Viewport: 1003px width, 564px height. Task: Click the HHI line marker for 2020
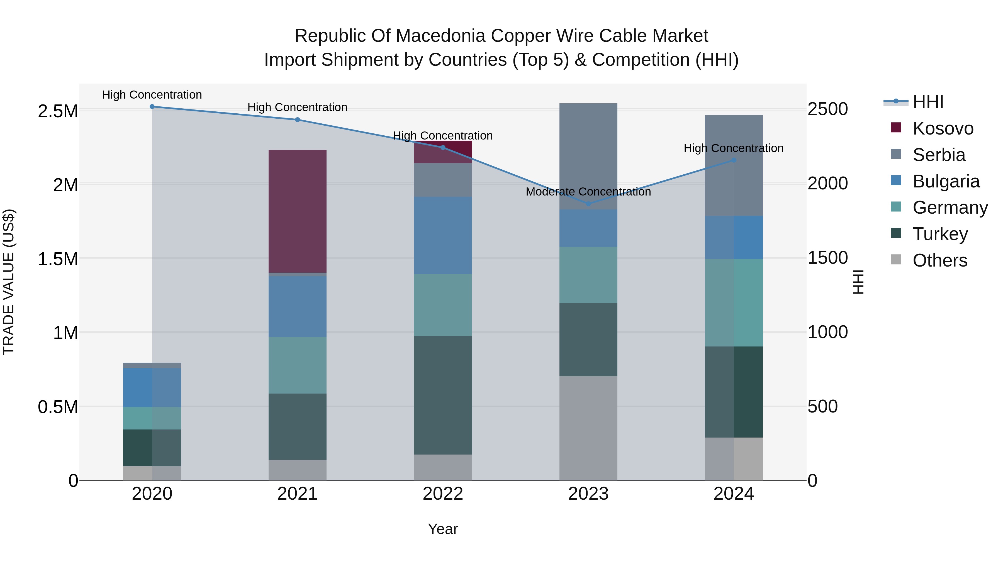click(x=152, y=107)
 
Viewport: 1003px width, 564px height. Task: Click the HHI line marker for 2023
click(x=588, y=204)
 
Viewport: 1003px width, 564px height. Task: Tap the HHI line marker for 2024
click(x=734, y=160)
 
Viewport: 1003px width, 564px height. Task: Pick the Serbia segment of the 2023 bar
click(x=588, y=157)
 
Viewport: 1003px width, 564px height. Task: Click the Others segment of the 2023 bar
click(x=588, y=428)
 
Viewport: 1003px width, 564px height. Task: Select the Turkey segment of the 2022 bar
click(x=443, y=395)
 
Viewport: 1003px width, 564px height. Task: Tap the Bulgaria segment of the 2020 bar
click(x=152, y=388)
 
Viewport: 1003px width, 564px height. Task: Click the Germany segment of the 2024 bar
click(x=734, y=303)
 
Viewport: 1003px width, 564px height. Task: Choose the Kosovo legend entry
click(x=943, y=128)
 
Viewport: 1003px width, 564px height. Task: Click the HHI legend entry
click(x=928, y=102)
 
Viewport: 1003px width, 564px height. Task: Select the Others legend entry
click(x=939, y=260)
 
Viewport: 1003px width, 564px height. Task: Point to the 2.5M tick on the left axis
click(x=58, y=111)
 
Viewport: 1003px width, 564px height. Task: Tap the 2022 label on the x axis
click(x=443, y=494)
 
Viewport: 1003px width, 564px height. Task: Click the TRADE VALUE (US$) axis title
click(x=9, y=282)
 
